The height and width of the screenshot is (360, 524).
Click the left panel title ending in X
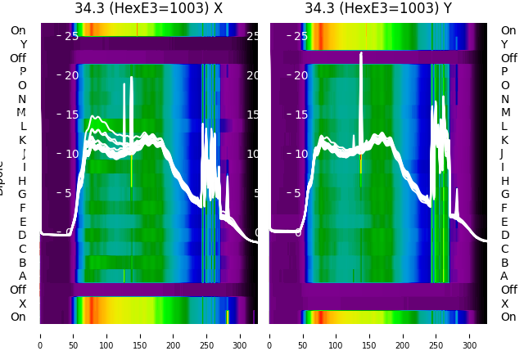tap(148, 8)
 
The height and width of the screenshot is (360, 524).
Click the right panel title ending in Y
tap(378, 8)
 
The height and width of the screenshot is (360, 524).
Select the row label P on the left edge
tap(23, 71)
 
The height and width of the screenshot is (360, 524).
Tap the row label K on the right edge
tap(504, 140)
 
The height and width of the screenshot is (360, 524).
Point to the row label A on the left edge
tap(23, 276)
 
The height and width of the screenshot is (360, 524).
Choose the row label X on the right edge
tap(504, 304)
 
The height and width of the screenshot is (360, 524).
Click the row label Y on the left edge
tap(23, 44)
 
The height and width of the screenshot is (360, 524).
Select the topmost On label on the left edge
tap(18, 30)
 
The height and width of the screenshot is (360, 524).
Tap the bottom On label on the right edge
tap(508, 317)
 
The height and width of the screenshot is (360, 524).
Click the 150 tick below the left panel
tap(140, 335)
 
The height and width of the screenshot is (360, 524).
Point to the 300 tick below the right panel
tap(470, 335)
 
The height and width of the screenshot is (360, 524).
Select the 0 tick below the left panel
tap(40, 335)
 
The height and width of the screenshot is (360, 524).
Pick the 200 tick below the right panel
tap(404, 335)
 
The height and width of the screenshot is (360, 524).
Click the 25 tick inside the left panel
tap(71, 36)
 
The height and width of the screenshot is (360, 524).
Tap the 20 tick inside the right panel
tap(300, 75)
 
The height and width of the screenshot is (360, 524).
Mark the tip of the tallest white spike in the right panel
tap(360, 53)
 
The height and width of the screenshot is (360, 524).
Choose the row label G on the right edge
tap(504, 194)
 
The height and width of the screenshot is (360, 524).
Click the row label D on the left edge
tap(23, 235)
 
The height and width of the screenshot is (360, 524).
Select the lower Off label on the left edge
tap(18, 290)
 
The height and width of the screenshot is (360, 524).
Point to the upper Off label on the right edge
tap(508, 58)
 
